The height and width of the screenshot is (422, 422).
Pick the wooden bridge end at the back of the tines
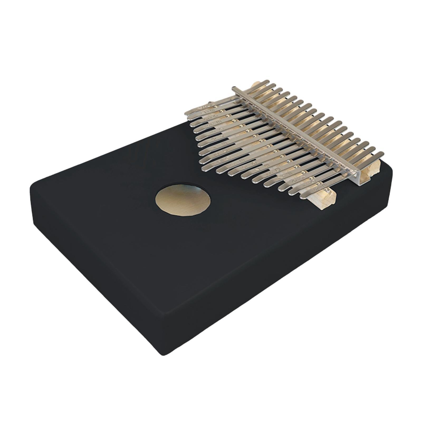click(x=255, y=86)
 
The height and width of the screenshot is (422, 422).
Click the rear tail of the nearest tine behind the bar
click(x=380, y=154)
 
